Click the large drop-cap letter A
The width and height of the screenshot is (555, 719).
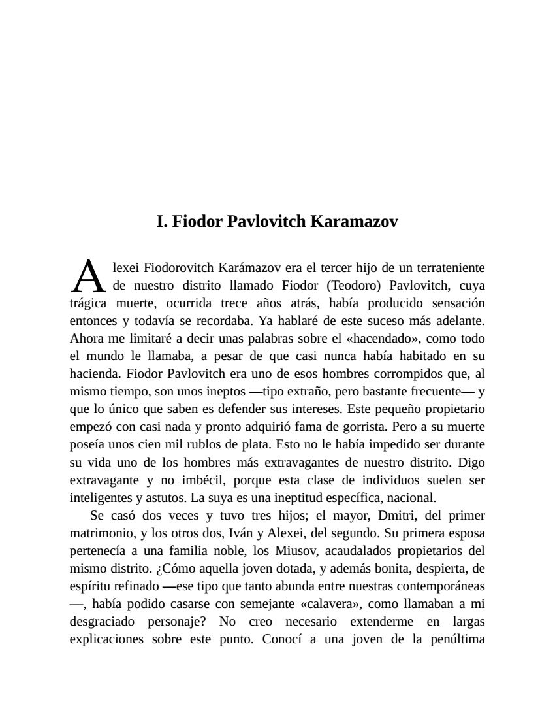tap(87, 277)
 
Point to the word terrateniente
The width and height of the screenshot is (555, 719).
tap(447, 267)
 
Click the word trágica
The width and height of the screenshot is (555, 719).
tap(88, 303)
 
